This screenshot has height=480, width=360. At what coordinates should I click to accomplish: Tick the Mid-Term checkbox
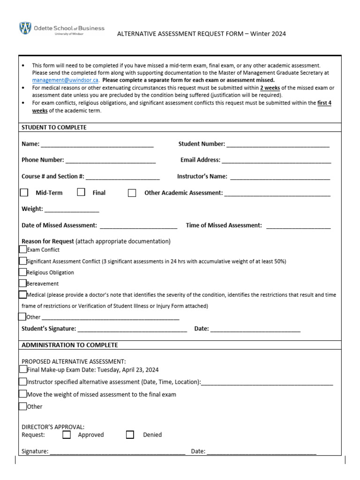click(24, 192)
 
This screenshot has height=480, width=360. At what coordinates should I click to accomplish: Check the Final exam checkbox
click(81, 192)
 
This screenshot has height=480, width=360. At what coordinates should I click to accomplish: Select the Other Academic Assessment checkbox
click(132, 193)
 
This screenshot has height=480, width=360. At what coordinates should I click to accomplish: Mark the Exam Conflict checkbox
click(23, 249)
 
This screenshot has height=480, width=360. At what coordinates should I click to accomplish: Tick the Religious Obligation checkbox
click(23, 272)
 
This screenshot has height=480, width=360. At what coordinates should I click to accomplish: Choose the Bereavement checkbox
click(23, 283)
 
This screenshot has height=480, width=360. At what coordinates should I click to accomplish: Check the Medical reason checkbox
click(23, 295)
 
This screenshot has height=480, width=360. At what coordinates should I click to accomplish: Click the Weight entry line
click(72, 210)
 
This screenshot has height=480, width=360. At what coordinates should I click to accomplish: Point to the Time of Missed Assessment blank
click(298, 226)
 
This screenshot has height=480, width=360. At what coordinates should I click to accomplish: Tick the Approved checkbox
click(67, 435)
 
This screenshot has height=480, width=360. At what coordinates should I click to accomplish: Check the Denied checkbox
click(130, 435)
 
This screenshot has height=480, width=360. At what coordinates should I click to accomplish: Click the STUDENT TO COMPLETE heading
click(54, 127)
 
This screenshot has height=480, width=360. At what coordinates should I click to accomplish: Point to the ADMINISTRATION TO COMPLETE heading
click(70, 345)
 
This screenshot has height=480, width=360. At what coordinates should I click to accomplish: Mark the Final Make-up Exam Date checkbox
click(23, 369)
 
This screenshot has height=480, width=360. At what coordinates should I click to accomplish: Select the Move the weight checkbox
click(23, 394)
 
